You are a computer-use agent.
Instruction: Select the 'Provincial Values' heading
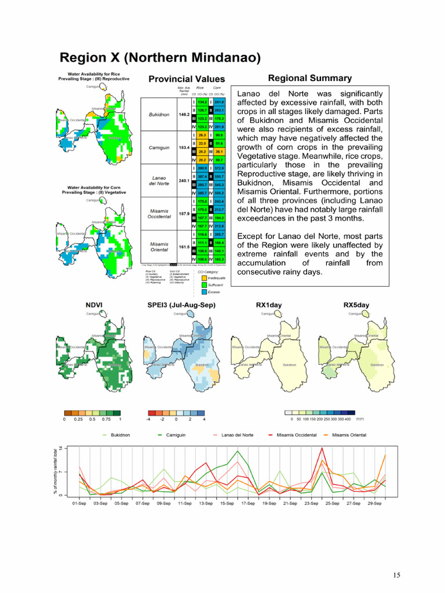click(x=187, y=79)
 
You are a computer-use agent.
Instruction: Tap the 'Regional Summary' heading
click(x=309, y=78)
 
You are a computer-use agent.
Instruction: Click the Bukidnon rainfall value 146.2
click(x=183, y=115)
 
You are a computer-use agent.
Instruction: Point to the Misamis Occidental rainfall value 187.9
click(x=183, y=213)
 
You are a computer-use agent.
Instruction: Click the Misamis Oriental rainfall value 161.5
click(x=183, y=246)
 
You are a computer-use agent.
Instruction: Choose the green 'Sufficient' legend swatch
click(x=203, y=285)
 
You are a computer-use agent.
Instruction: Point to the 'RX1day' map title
click(x=268, y=305)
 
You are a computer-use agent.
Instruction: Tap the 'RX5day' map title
click(x=356, y=305)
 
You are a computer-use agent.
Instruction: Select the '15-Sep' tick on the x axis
click(x=227, y=504)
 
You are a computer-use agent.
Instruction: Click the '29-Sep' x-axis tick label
click(x=375, y=504)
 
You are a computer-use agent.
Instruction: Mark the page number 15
click(x=396, y=575)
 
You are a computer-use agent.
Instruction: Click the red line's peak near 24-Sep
click(x=322, y=448)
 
